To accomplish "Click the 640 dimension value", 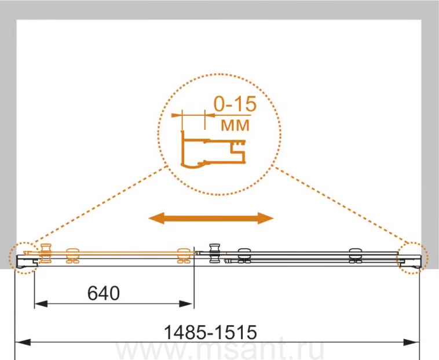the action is click(x=104, y=293).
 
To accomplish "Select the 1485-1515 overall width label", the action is click(x=210, y=332).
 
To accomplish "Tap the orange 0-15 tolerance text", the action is click(x=235, y=104).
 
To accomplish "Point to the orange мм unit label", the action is click(x=235, y=125).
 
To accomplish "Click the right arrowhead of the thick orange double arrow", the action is click(x=266, y=218).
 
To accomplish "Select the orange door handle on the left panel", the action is click(x=46, y=253).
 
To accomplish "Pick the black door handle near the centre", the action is click(x=215, y=253).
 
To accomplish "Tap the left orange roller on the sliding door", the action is click(x=72, y=256).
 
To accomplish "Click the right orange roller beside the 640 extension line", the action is click(x=184, y=256).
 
